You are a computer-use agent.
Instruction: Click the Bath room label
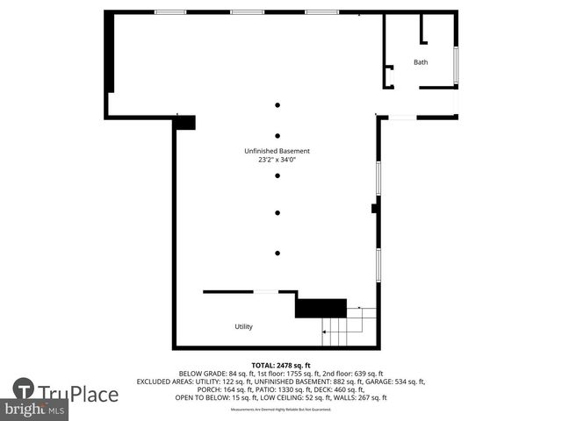[421, 62]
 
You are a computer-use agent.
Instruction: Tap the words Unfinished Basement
[277, 151]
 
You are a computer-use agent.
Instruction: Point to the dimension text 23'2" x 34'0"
[277, 160]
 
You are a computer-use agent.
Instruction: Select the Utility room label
[243, 326]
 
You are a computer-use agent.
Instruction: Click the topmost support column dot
[277, 105]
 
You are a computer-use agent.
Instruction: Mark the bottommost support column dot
[277, 253]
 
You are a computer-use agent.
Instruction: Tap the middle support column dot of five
[277, 175]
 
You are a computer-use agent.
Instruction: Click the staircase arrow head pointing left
[324, 332]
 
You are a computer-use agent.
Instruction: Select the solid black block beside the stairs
[321, 308]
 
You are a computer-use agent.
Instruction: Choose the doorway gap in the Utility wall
[266, 291]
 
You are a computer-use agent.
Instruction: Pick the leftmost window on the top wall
[170, 11]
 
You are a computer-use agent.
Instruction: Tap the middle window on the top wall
[246, 11]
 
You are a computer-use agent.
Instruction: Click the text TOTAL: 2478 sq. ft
[281, 365]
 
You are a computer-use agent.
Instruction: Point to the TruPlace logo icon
[24, 389]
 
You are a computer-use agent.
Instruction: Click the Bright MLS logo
[34, 410]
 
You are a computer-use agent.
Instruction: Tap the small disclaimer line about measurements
[281, 410]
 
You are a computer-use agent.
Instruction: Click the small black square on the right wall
[375, 209]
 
